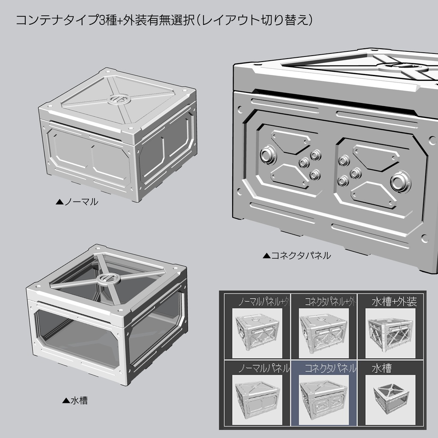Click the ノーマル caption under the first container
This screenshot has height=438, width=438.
click(81, 201)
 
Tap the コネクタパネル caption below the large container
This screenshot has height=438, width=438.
click(301, 256)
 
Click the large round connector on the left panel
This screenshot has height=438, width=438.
click(268, 155)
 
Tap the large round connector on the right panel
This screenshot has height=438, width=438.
click(401, 181)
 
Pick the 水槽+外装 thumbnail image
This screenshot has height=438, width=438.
click(389, 334)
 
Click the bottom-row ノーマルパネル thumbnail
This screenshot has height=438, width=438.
click(257, 400)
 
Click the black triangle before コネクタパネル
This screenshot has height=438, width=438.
click(266, 256)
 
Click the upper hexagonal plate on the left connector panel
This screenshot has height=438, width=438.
click(290, 141)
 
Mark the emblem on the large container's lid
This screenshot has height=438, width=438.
click(402, 66)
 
